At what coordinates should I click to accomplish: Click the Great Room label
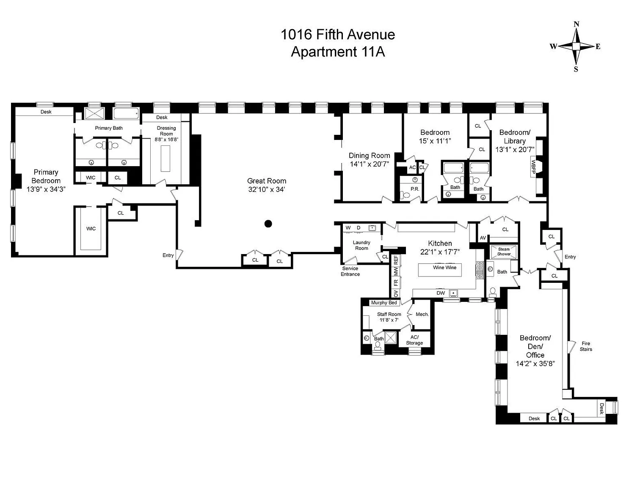[267, 181]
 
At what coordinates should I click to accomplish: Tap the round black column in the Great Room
[268, 223]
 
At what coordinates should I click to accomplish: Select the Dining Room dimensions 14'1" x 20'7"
[370, 164]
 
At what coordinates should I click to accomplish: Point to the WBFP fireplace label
[533, 167]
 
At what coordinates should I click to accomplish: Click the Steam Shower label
[504, 252]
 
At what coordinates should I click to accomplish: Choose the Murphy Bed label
[384, 303]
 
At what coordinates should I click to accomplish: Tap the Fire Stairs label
[586, 346]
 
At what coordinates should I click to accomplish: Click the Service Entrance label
[350, 271]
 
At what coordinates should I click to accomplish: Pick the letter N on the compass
[577, 24]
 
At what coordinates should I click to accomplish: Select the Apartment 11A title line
[338, 52]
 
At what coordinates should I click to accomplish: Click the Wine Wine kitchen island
[440, 270]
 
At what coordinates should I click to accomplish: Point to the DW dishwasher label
[441, 293]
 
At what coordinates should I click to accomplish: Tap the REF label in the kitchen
[396, 260]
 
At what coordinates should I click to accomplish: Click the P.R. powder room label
[415, 189]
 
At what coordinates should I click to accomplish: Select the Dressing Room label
[166, 131]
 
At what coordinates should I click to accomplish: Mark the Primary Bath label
[109, 128]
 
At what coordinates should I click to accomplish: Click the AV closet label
[483, 238]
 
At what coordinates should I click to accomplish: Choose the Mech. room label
[422, 314]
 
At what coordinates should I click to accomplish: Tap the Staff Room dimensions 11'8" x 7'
[389, 320]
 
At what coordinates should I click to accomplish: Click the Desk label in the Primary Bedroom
[46, 112]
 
